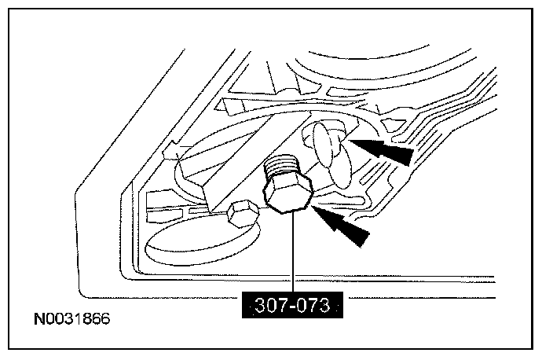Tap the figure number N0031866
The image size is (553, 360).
click(x=71, y=319)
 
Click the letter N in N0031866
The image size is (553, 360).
click(x=38, y=319)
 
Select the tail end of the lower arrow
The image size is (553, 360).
click(x=365, y=239)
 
